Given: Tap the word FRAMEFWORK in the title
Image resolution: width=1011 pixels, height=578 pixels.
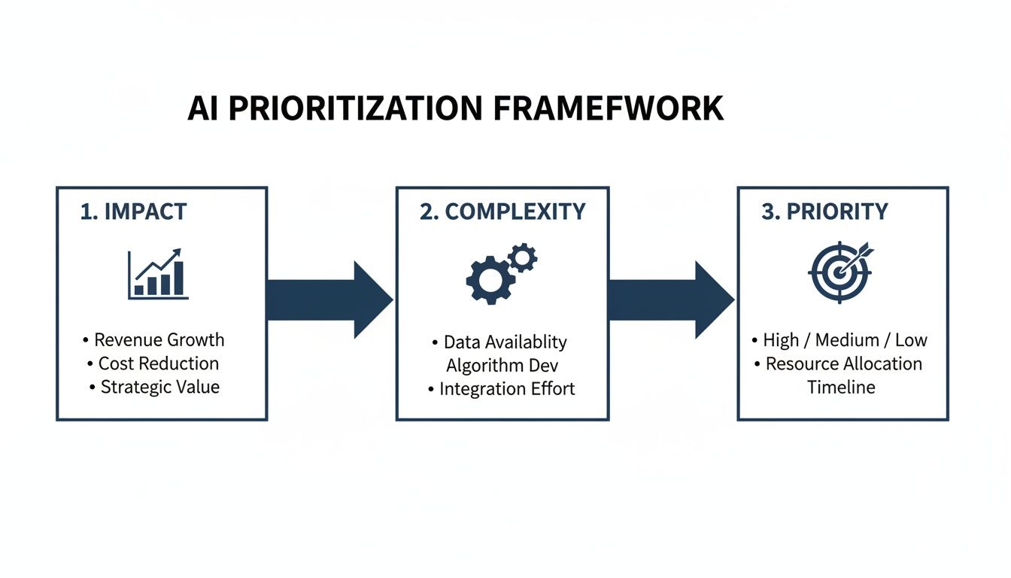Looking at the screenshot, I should click(609, 109).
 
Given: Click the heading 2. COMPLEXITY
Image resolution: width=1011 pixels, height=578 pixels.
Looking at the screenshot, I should click(502, 212).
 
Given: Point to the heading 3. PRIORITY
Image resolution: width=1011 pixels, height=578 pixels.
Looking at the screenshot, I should click(824, 212).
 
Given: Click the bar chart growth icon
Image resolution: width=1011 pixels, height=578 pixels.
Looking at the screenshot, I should click(158, 274).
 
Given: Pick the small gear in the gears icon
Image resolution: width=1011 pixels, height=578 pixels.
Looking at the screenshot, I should click(522, 257).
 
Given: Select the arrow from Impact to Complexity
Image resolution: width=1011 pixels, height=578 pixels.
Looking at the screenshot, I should click(329, 300).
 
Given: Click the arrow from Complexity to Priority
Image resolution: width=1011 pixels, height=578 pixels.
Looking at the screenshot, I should click(670, 300).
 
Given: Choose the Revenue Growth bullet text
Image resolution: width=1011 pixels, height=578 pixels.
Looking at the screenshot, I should click(159, 340).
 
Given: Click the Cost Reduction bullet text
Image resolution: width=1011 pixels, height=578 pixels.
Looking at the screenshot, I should click(159, 364).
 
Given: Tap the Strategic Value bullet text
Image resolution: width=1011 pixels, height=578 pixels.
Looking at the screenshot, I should click(160, 388).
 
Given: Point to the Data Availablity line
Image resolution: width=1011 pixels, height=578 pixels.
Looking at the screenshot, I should click(505, 342).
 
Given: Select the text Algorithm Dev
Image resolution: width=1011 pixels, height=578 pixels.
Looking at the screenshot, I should click(502, 366).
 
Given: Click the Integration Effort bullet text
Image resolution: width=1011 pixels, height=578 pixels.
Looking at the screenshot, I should click(507, 389).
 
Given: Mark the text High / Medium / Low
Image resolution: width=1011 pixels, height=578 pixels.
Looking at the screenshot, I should click(845, 340).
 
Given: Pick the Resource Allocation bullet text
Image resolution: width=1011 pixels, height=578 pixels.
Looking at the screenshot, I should click(843, 364).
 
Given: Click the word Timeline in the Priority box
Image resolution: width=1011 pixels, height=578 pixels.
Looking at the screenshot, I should click(841, 388).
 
